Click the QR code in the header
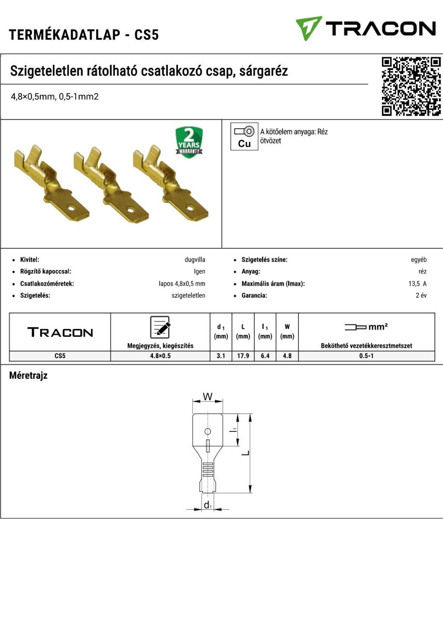[411, 87]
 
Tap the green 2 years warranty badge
[189, 142]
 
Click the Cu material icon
[244, 136]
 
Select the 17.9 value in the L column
[243, 356]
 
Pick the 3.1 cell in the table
[221, 356]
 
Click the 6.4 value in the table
[265, 356]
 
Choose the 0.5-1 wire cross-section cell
[366, 356]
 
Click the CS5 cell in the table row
[60, 356]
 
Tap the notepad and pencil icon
[160, 327]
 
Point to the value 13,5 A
[417, 284]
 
